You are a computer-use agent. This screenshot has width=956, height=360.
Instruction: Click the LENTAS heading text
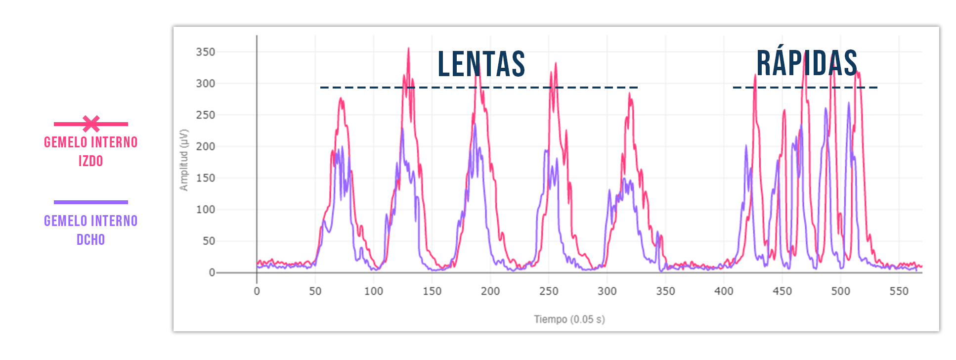click(x=481, y=64)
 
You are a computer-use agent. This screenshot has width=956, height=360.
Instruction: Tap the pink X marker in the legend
click(x=91, y=124)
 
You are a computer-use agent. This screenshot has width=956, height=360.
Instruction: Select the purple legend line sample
click(x=91, y=202)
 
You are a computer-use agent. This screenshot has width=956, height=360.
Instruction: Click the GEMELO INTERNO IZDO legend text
click(x=91, y=151)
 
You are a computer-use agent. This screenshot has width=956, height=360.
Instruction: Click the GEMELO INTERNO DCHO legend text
click(x=91, y=230)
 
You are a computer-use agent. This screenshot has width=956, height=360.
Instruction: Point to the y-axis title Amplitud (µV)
click(x=184, y=160)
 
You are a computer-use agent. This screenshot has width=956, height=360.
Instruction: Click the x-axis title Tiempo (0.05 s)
click(x=569, y=319)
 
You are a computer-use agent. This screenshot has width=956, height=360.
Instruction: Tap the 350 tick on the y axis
click(x=206, y=52)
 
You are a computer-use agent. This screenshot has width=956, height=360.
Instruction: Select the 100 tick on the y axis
click(x=206, y=210)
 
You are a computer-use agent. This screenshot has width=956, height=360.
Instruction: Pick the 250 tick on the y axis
click(x=206, y=115)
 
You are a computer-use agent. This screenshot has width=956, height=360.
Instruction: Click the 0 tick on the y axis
click(x=212, y=272)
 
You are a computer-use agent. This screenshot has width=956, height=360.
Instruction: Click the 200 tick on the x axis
click(x=490, y=291)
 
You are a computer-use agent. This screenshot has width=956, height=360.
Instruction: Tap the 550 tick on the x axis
click(x=899, y=291)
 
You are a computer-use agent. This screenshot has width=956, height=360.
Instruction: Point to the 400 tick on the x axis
click(x=724, y=291)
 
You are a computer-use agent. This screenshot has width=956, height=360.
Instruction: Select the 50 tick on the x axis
click(x=315, y=291)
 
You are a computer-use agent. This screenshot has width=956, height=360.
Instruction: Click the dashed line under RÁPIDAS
click(x=805, y=88)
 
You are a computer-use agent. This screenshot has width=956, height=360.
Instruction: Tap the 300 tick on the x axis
click(x=607, y=291)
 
